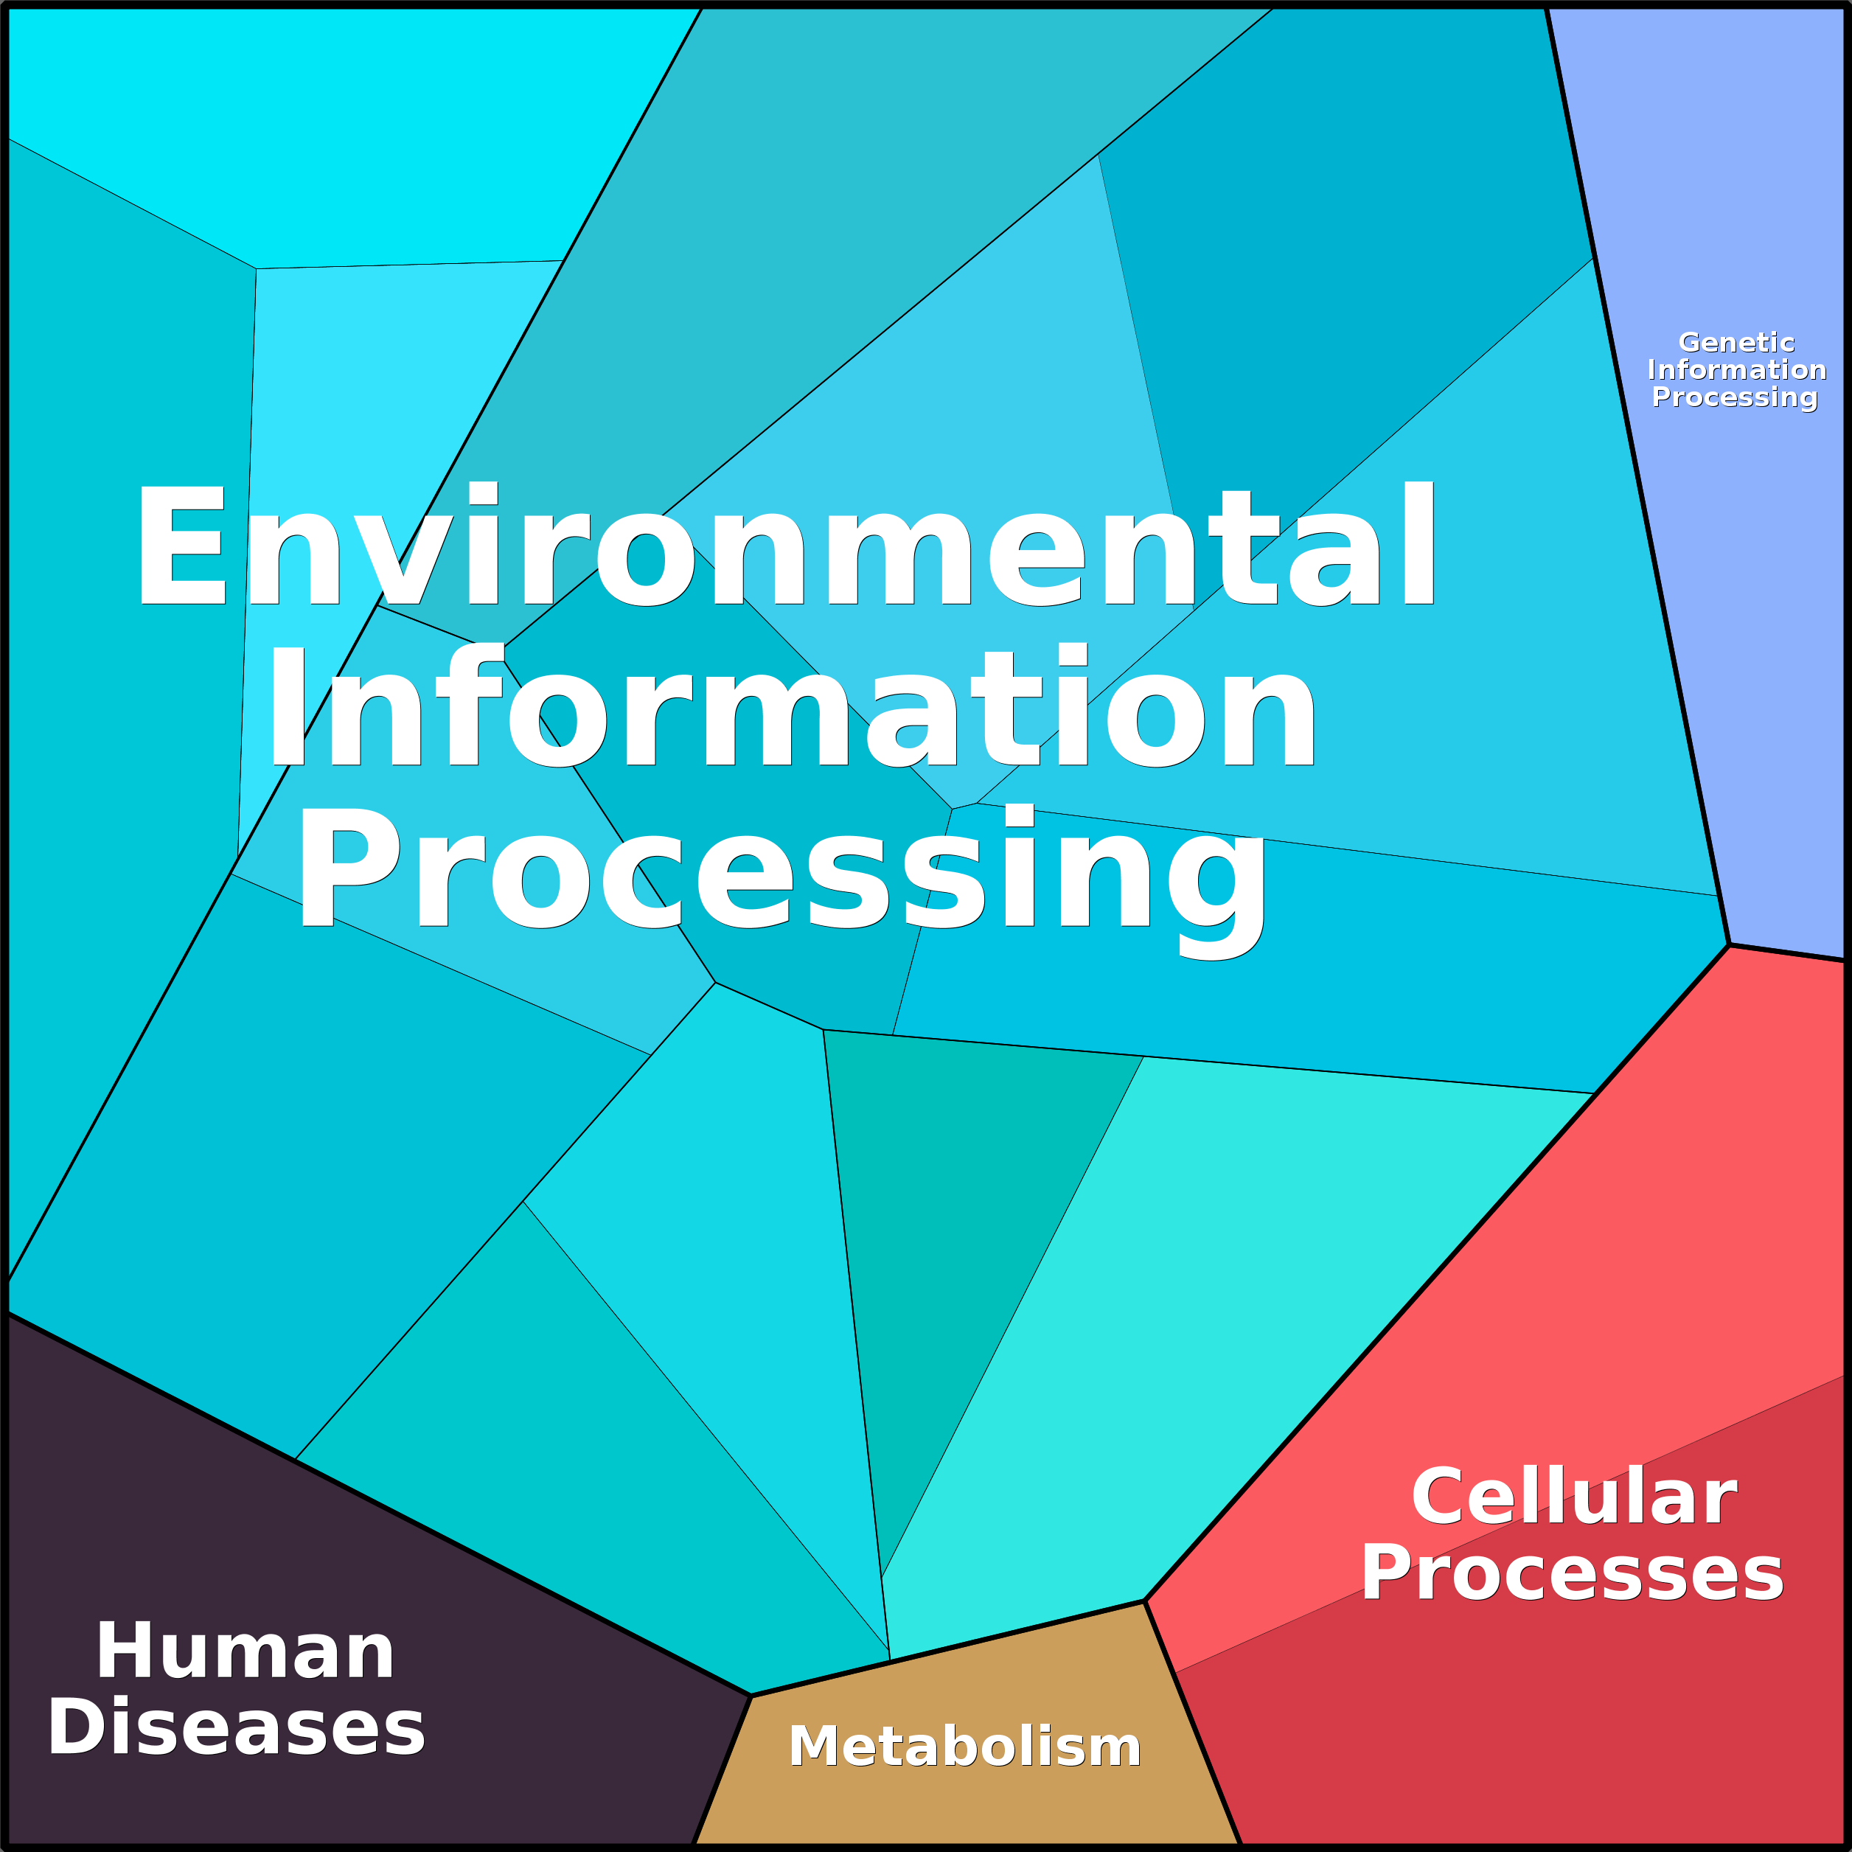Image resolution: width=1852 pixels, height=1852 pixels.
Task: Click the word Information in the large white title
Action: coord(792,706)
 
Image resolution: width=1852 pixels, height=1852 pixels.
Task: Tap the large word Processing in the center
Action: coord(782,880)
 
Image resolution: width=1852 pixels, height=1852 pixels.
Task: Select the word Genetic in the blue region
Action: coord(1736,342)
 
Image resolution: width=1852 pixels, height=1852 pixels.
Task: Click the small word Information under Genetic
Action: coord(1736,369)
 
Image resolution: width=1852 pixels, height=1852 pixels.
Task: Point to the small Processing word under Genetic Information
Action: coord(1734,397)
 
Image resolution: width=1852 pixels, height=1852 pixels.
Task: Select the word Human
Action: coord(246,1651)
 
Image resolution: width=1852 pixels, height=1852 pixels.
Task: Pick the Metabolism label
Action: coord(964,1746)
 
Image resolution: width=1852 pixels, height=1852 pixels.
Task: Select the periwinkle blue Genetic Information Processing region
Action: coord(1725,575)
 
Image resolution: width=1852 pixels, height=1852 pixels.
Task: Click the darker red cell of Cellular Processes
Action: coord(1581,1706)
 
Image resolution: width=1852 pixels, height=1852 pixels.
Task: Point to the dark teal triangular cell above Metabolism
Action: coord(949,1198)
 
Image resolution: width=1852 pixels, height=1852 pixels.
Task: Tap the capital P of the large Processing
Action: coord(348,868)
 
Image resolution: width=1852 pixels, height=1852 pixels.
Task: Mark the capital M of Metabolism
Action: coord(813,1746)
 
